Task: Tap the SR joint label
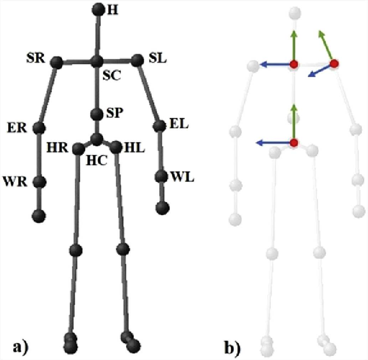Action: pos(35,59)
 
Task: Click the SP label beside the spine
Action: pos(115,113)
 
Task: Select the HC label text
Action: pos(96,161)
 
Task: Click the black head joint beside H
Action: pos(98,10)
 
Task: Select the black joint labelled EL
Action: pos(160,126)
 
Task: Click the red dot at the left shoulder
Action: pos(334,64)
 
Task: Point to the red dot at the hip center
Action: pos(294,143)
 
